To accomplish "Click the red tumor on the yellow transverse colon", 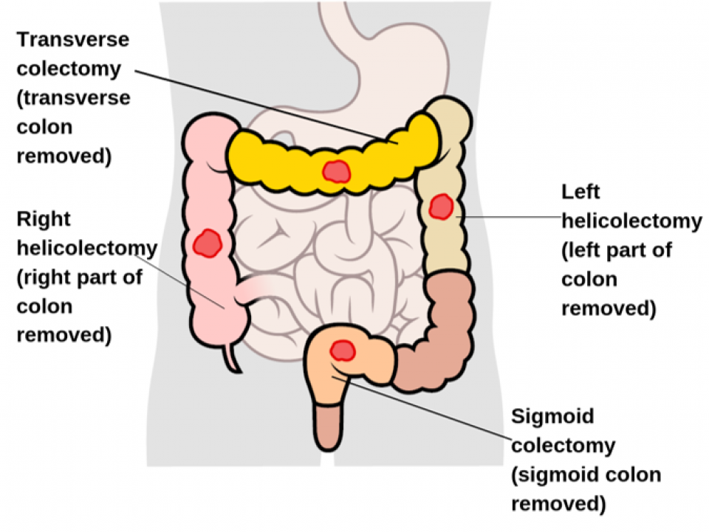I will pyautogui.click(x=336, y=171).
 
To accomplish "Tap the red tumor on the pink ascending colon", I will pyautogui.click(x=207, y=243).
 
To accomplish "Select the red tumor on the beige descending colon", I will pyautogui.click(x=441, y=207).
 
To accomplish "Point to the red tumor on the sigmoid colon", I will pyautogui.click(x=342, y=350).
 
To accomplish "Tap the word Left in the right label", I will pyautogui.click(x=580, y=192).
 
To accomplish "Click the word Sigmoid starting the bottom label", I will pyautogui.click(x=552, y=416).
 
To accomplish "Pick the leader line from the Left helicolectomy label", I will pyautogui.click(x=510, y=216).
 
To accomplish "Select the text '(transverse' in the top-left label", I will pyautogui.click(x=73, y=97).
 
